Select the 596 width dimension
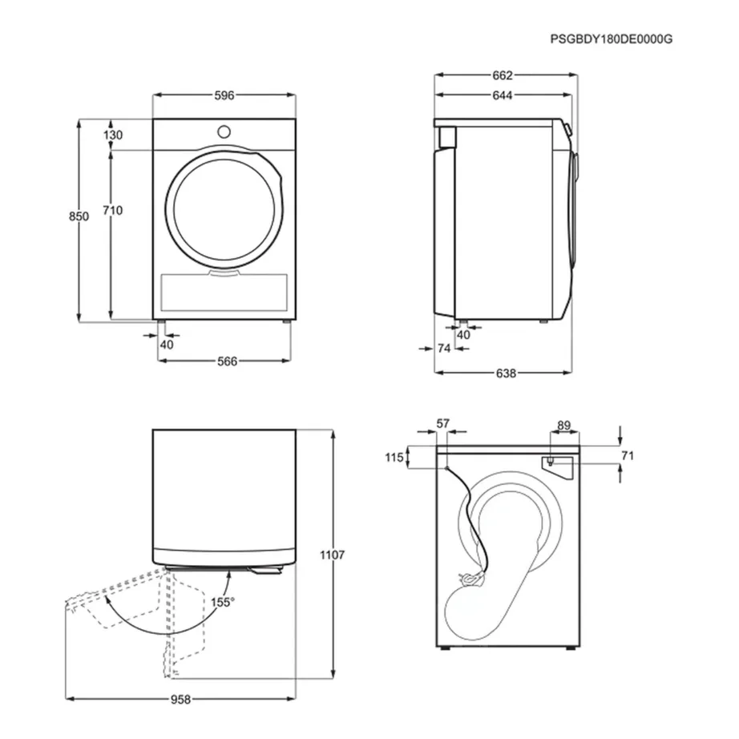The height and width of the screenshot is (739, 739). point(224,95)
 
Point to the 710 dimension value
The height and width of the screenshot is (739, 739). point(112,211)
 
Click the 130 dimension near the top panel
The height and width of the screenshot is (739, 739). point(112,135)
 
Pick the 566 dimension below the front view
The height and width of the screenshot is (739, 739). point(227,361)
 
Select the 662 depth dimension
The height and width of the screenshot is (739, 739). point(503,75)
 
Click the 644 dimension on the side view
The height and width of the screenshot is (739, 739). point(503,95)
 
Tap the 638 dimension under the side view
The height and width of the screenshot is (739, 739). point(504,373)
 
